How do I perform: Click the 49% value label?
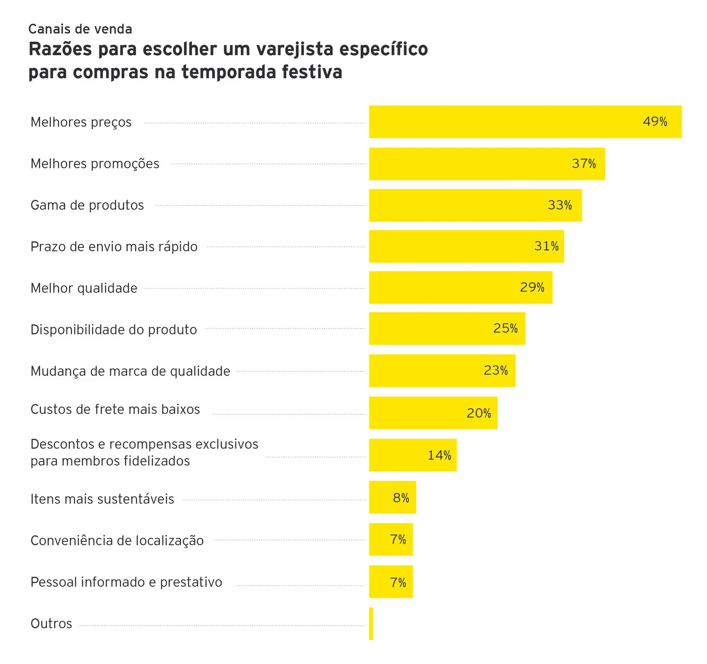pos(655,121)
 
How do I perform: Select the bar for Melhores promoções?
pos(486,164)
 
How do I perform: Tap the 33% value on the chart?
pos(560,205)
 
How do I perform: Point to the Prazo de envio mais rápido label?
pos(114,247)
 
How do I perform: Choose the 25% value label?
pos(506,328)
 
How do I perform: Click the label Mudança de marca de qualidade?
pos(130,371)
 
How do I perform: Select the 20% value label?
pos(479,413)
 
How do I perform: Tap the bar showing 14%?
pos(413,455)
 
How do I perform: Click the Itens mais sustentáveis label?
pos(103,499)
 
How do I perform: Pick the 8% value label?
pos(401,498)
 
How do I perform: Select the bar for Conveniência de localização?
pos(391,539)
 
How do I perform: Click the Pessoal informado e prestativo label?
pos(126,582)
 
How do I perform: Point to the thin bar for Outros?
pos(371,624)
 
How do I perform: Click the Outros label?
pos(51,624)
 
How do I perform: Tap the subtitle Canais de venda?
pos(80,29)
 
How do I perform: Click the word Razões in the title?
pos(60,49)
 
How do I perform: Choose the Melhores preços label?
pos(81,122)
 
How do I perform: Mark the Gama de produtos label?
pos(87,205)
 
